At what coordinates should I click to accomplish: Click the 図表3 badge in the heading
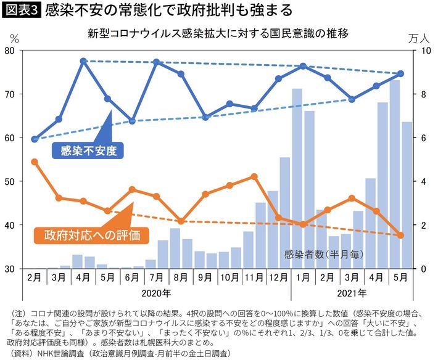click(x=22, y=10)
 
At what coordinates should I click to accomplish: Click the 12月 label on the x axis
click(x=278, y=277)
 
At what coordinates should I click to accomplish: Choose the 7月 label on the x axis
click(x=156, y=277)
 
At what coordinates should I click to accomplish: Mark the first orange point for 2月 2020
click(x=35, y=162)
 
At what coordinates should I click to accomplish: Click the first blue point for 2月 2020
click(x=35, y=139)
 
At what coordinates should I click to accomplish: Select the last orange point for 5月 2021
click(x=401, y=235)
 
